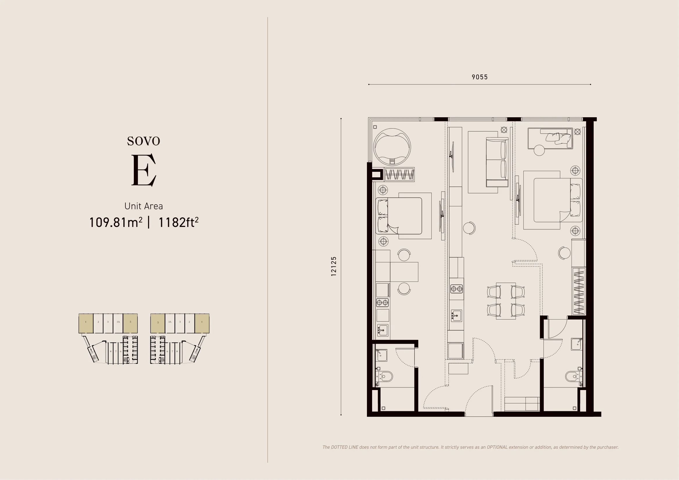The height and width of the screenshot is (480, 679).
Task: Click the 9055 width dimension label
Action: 479,77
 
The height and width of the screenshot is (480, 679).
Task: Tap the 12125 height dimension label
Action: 334,266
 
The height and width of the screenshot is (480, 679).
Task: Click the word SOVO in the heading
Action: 143,141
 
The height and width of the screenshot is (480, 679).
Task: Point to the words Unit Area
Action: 143,206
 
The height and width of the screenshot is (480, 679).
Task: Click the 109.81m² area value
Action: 116,222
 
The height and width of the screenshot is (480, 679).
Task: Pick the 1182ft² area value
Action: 178,222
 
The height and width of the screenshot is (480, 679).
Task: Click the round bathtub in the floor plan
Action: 392,147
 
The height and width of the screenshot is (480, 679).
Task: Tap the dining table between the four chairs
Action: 506,301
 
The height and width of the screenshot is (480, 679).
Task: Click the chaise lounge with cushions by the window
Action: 550,138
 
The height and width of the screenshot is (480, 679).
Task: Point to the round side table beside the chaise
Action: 539,150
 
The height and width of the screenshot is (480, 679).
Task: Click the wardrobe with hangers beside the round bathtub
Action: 399,175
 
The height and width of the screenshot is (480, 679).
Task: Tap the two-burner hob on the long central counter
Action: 456,288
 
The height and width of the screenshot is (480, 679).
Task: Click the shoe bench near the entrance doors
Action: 522,404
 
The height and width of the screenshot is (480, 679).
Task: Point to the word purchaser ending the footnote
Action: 608,447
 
